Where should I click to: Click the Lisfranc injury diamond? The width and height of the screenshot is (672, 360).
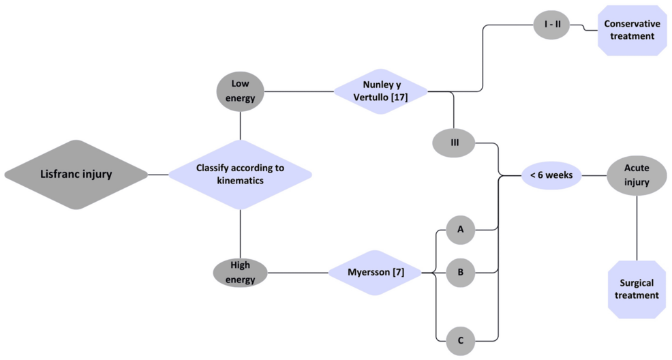pyautogui.click(x=76, y=174)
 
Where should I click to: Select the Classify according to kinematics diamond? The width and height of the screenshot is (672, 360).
pyautogui.click(x=240, y=174)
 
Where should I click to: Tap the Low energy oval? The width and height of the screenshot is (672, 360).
pyautogui.click(x=241, y=91)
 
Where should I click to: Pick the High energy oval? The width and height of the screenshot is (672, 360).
pyautogui.click(x=240, y=273)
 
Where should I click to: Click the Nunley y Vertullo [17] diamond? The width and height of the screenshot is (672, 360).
pyautogui.click(x=380, y=91)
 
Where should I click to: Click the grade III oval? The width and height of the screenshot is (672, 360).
pyautogui.click(x=453, y=142)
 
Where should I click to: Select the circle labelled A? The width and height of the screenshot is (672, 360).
pyautogui.click(x=461, y=230)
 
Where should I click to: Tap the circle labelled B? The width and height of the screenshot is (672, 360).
pyautogui.click(x=461, y=273)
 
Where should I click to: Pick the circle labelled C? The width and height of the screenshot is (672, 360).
pyautogui.click(x=461, y=339)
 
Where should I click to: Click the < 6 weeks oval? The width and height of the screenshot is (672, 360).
pyautogui.click(x=551, y=175)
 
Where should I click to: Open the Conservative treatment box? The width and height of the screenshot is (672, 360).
pyautogui.click(x=631, y=29)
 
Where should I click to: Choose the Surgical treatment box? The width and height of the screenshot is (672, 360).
pyautogui.click(x=637, y=289)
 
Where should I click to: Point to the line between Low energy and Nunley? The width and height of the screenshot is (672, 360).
pyautogui.click(x=299, y=91)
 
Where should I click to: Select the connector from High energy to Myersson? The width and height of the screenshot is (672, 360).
pyautogui.click(x=297, y=273)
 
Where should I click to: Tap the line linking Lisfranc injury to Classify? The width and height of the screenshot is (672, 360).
pyautogui.click(x=158, y=175)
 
